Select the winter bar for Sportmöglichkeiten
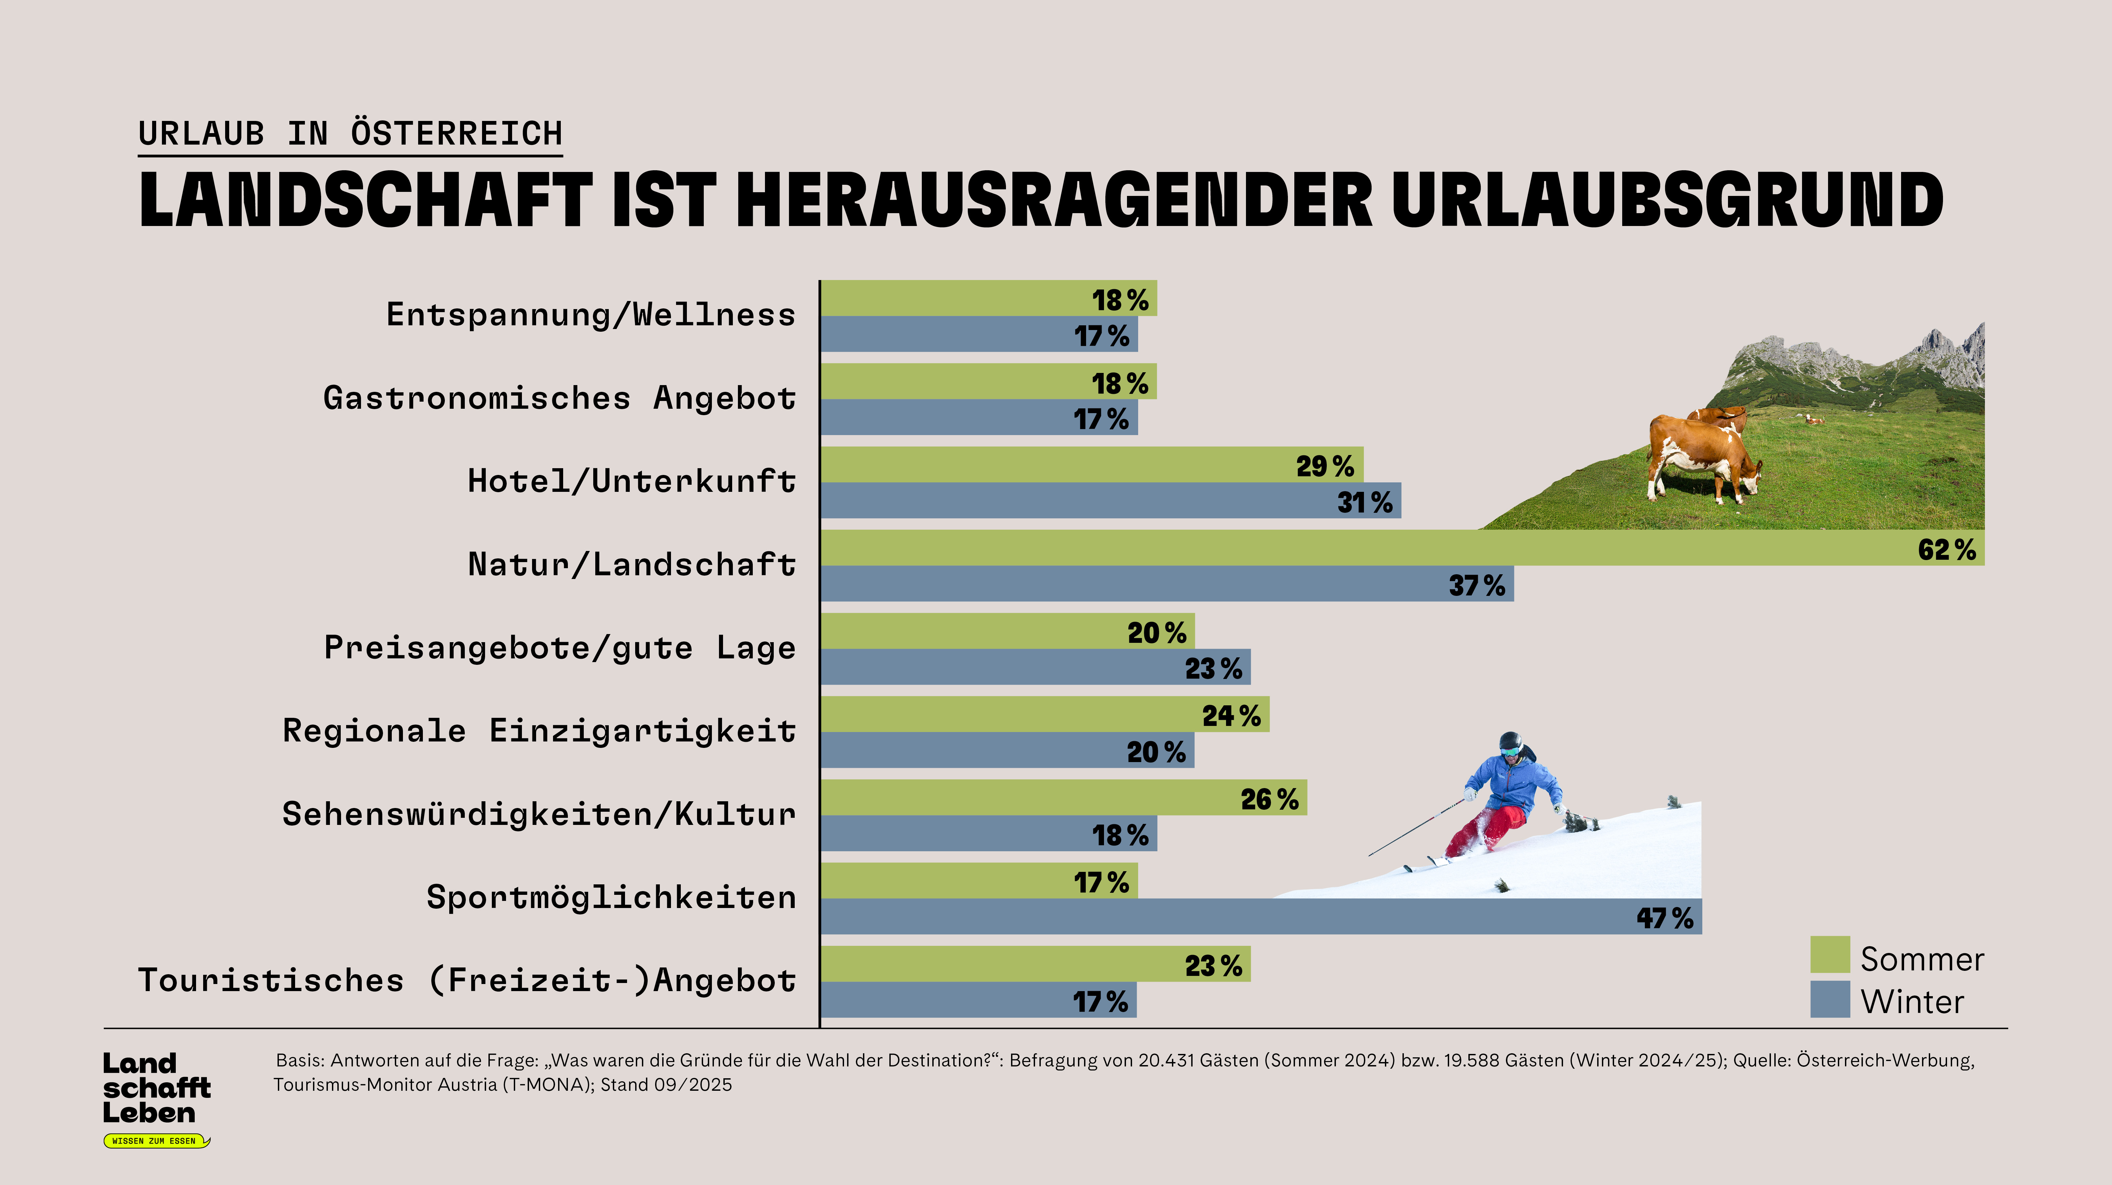(x=1230, y=916)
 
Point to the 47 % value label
(x=1664, y=918)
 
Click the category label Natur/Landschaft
(x=631, y=565)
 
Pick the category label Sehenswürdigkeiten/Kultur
(x=539, y=814)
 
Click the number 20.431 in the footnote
(x=1167, y=1060)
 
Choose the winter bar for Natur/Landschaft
(x=1148, y=583)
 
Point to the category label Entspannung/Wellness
(x=590, y=315)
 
